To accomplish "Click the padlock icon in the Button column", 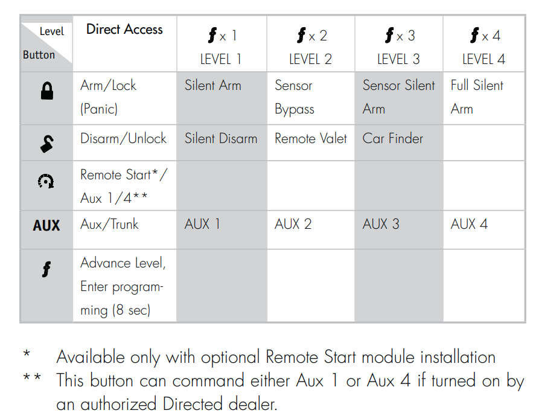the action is (x=46, y=91).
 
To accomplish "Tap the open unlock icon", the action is (x=46, y=143).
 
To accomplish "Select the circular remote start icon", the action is (x=46, y=181).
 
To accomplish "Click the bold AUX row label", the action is (x=46, y=225).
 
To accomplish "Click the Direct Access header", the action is (x=124, y=30).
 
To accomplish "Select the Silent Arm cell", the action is (x=212, y=86).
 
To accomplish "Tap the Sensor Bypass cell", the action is (x=295, y=97).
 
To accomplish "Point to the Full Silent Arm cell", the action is (x=476, y=97).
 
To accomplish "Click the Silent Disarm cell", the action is (x=221, y=139).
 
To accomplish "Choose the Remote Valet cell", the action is (x=310, y=139).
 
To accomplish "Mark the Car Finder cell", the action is (x=393, y=139).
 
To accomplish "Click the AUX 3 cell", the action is (x=381, y=225).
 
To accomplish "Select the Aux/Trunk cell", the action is (x=109, y=225).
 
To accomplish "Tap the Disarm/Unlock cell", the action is (x=123, y=139).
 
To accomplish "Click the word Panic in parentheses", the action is (x=99, y=110).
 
